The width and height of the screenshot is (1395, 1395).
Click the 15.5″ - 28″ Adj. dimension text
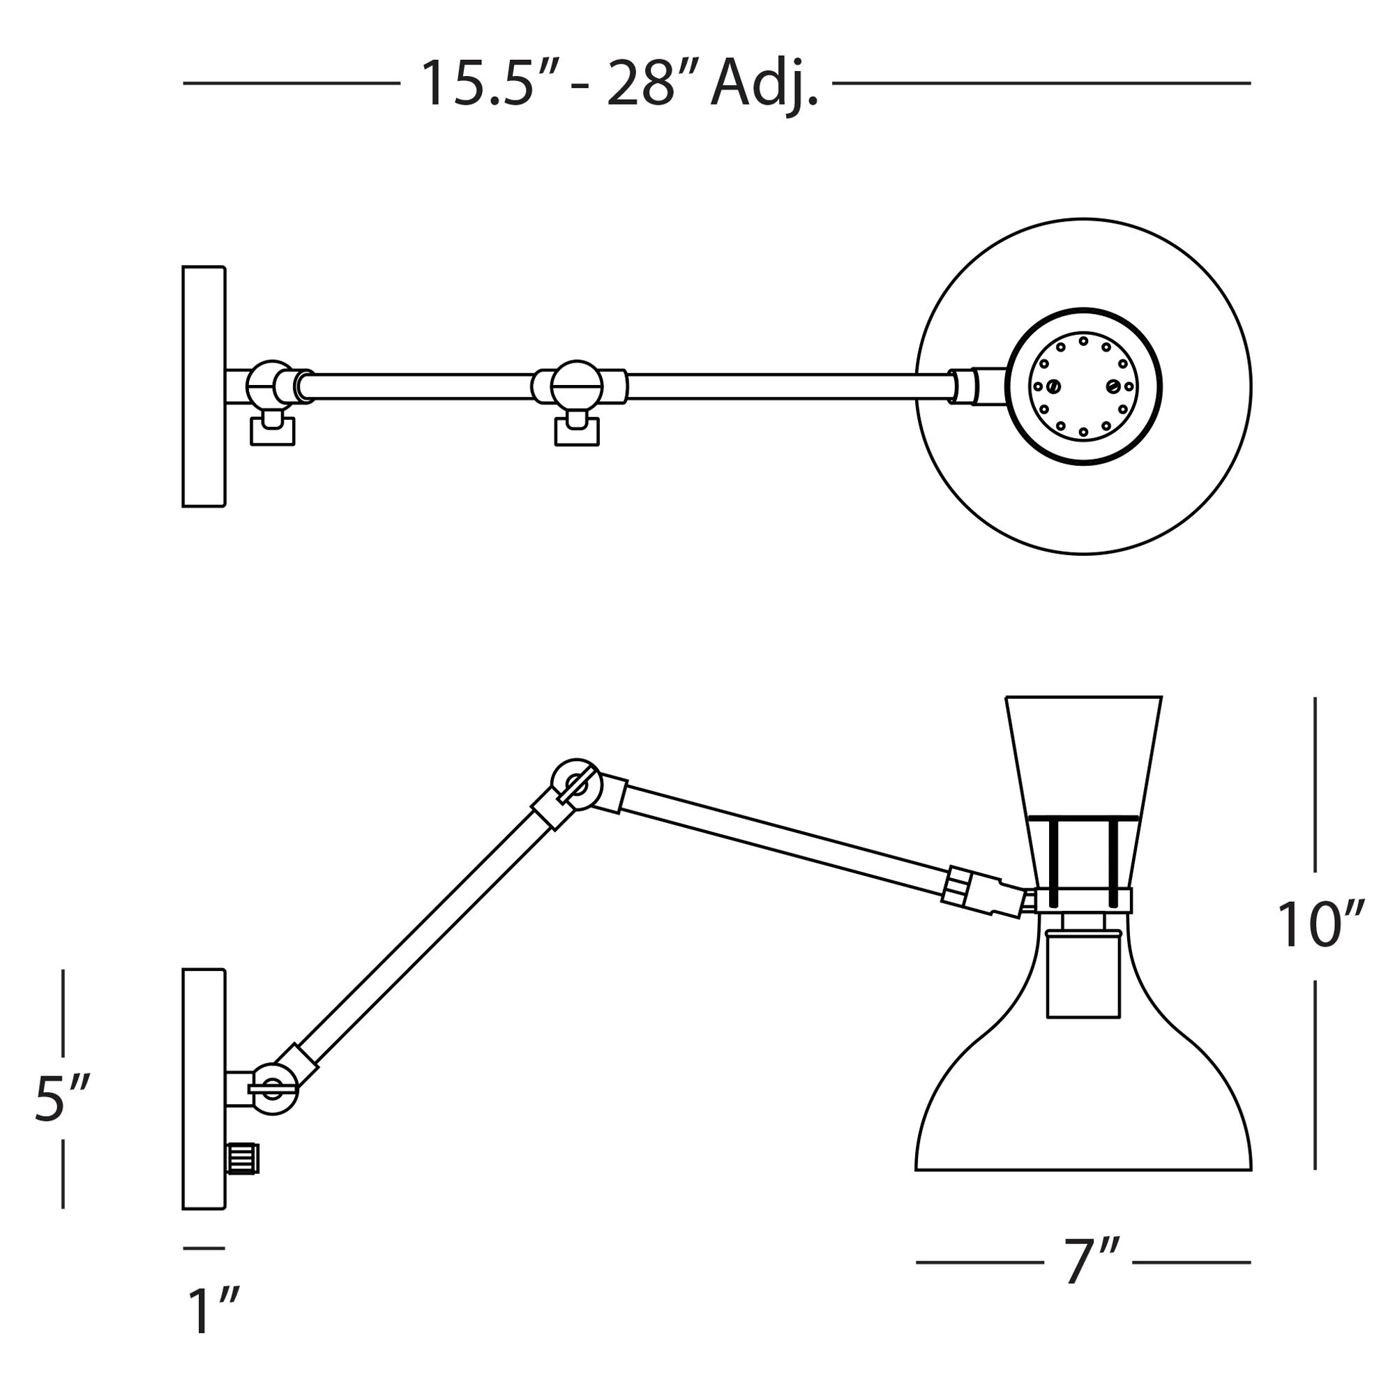pos(619,84)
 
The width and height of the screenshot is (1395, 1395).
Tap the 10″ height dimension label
pos(1320,926)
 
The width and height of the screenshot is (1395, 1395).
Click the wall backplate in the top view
pos(204,386)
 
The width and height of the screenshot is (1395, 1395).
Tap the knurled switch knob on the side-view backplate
pos(243,1159)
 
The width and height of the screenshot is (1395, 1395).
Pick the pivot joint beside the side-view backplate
pos(273,1089)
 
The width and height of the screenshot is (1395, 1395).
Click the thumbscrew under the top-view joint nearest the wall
pos(272,431)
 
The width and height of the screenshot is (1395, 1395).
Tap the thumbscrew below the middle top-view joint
pos(577,431)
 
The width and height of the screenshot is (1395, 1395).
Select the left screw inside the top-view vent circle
pos(1054,387)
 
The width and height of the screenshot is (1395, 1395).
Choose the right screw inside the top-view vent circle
pos(1113,386)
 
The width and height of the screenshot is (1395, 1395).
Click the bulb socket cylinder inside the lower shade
pos(1083,975)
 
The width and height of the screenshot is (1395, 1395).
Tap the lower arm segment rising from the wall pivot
pos(426,939)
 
